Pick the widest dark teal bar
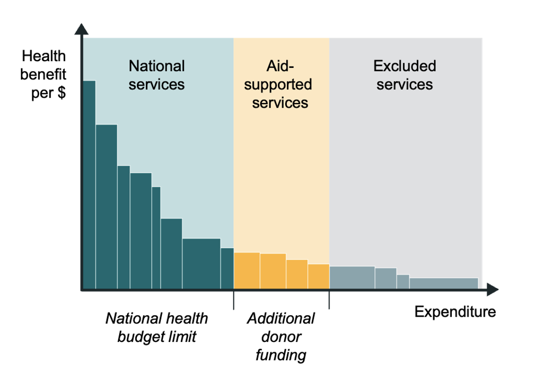point(201,263)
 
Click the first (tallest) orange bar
point(247,270)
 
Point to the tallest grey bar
point(352,277)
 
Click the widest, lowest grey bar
point(443,283)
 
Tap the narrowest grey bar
point(403,281)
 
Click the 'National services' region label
point(157,75)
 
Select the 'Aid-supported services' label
point(281,84)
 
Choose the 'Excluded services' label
point(404,75)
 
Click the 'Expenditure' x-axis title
point(455,312)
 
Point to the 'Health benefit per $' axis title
point(44,75)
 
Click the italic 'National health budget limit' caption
point(157,327)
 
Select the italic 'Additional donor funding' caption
point(281,337)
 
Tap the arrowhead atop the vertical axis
point(81,28)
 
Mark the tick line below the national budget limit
point(234,300)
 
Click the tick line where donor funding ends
point(329,300)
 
